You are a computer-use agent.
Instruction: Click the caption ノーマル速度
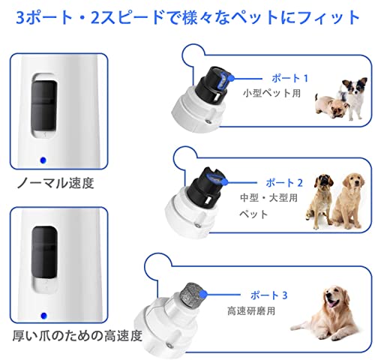tap(52, 181)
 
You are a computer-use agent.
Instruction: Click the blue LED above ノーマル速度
tap(43, 158)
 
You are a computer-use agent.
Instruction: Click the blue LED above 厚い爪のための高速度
tap(43, 315)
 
